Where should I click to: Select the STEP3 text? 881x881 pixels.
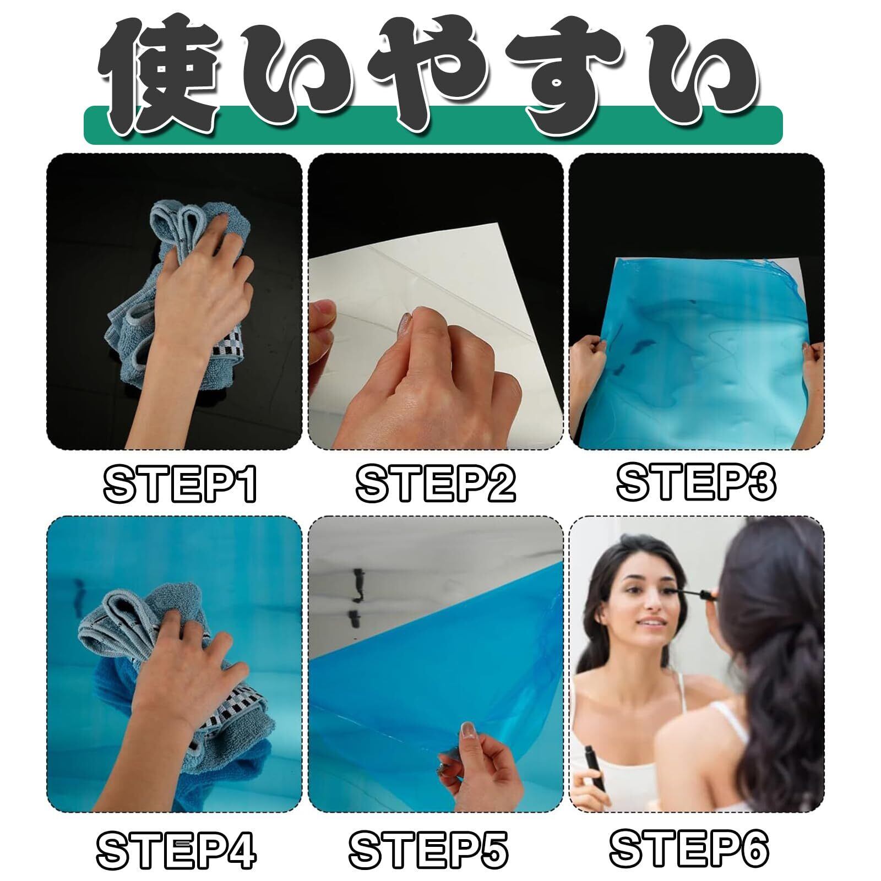pos(696,481)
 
